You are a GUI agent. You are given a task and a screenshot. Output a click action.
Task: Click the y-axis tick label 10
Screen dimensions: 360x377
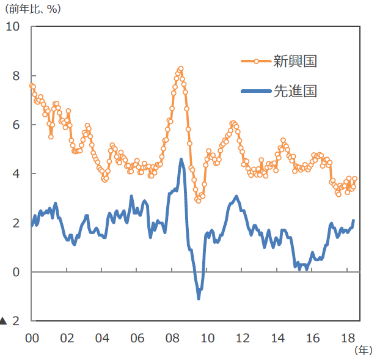[13, 27]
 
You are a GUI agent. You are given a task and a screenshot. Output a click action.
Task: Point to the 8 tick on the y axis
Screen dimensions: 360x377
[16, 76]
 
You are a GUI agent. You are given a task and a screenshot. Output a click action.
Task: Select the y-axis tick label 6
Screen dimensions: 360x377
[16, 125]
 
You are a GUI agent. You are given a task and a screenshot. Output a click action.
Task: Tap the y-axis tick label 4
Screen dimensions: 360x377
[16, 174]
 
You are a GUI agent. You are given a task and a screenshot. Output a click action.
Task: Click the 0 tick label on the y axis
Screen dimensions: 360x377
[16, 272]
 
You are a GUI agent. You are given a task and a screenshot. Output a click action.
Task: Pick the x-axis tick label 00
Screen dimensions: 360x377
[32, 338]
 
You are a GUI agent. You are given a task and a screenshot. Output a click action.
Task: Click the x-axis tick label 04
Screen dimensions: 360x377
[102, 338]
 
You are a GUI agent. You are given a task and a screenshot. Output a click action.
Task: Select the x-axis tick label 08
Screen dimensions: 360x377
[172, 338]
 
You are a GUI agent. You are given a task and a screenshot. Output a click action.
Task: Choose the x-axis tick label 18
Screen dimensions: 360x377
[348, 338]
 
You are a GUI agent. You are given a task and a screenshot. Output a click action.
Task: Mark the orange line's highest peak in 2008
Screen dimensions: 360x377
[180, 68]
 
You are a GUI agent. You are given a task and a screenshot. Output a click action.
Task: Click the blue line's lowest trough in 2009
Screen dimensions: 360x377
[199, 298]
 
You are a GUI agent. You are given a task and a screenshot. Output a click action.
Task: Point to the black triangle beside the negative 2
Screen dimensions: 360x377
[4, 321]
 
